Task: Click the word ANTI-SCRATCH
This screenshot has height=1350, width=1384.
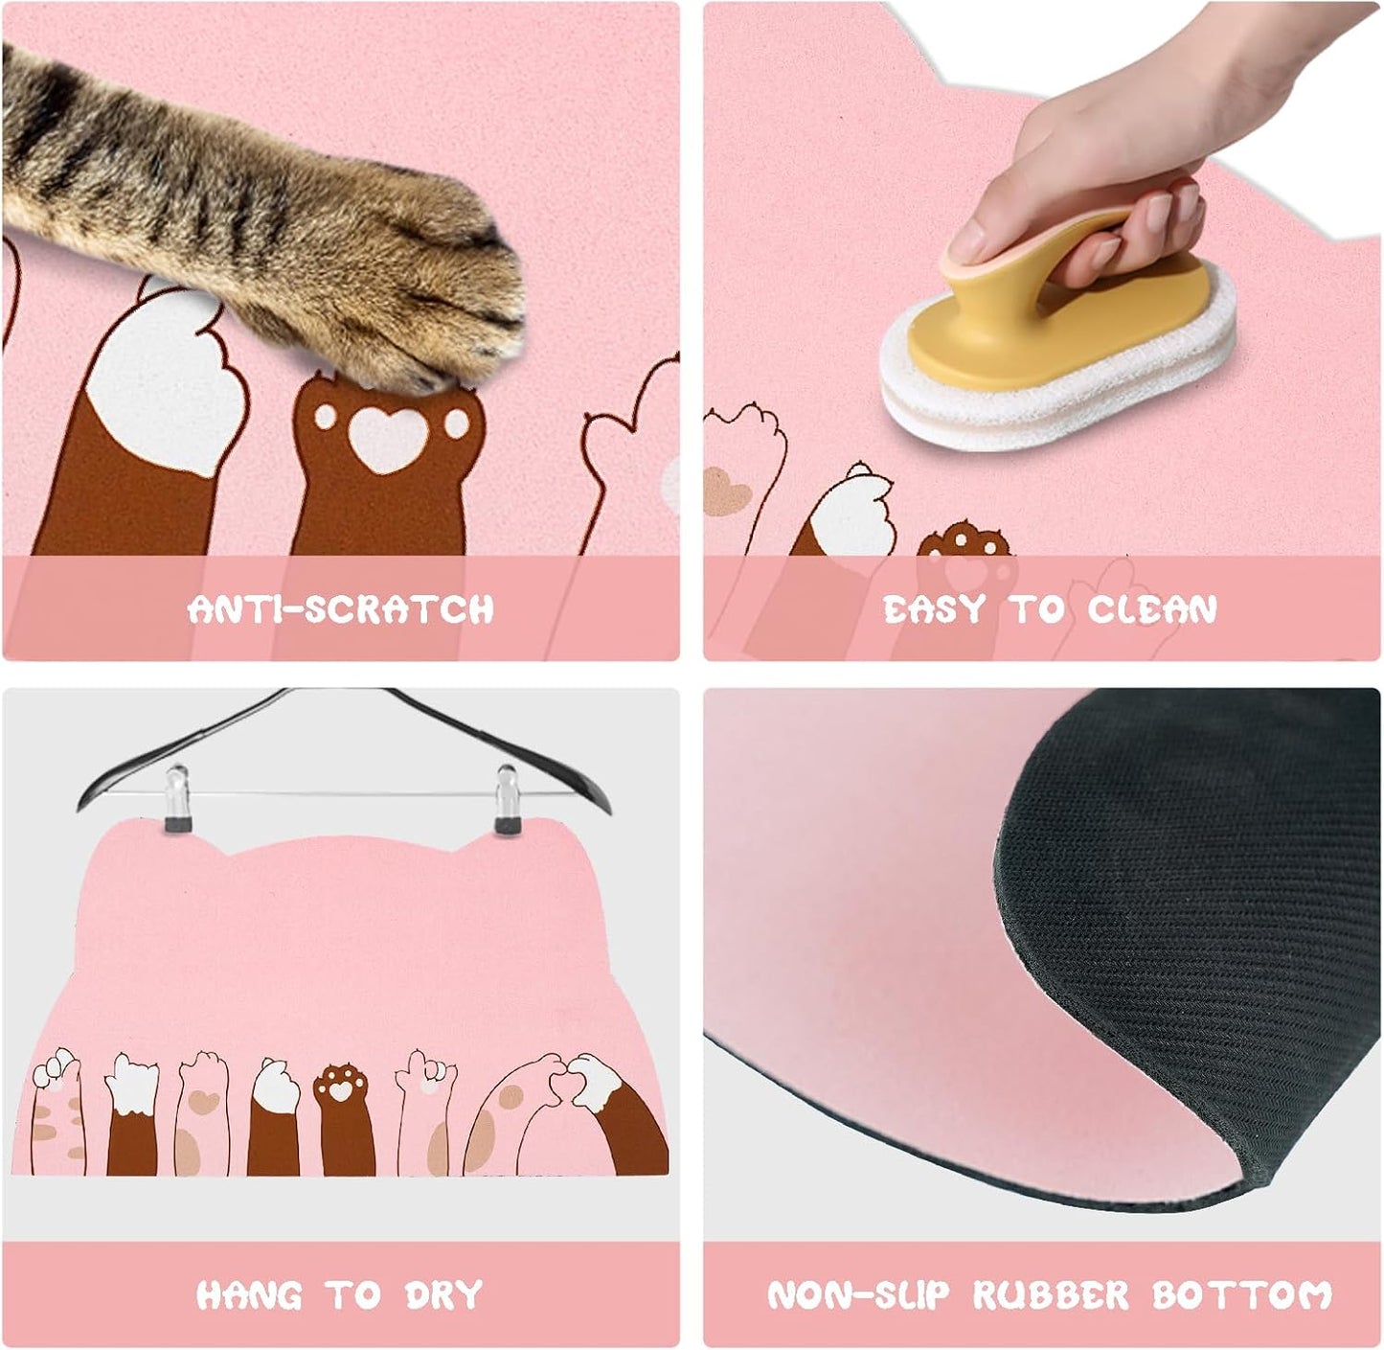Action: (341, 609)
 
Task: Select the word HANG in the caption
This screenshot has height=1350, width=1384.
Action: (249, 1294)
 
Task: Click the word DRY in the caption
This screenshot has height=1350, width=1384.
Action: (442, 1294)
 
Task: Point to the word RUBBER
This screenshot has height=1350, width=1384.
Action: (1051, 1294)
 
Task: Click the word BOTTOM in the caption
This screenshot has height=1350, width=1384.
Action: (1242, 1294)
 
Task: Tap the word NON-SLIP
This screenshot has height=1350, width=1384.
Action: (858, 1294)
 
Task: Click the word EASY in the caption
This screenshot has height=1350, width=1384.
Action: (934, 609)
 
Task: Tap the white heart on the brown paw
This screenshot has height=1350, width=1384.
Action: (387, 437)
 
